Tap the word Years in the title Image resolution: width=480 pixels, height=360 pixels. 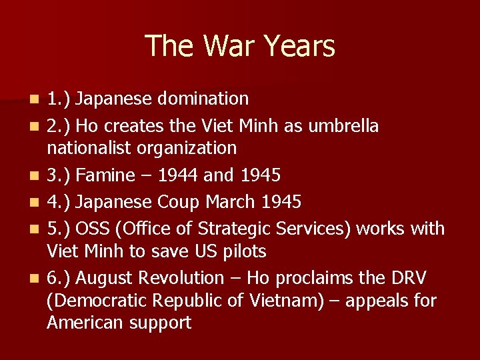coord(299,46)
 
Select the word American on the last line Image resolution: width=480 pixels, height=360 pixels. coord(84,323)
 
